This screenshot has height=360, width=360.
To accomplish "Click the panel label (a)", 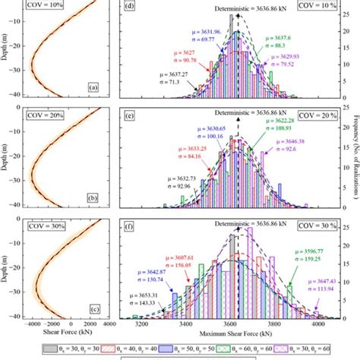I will point(93,87).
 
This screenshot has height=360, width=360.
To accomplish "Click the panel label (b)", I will point(93,197).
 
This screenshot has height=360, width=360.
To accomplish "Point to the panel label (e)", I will point(130,117).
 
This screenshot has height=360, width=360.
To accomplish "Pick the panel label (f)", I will point(130,226).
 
